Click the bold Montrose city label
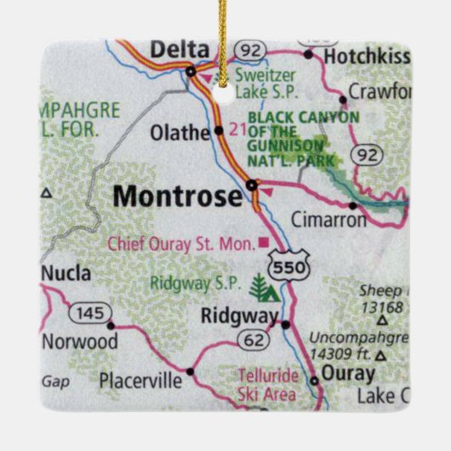click(x=177, y=197)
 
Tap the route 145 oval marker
click(x=88, y=312)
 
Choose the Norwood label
click(x=79, y=341)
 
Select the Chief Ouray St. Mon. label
click(x=180, y=244)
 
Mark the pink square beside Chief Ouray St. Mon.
click(x=263, y=243)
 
